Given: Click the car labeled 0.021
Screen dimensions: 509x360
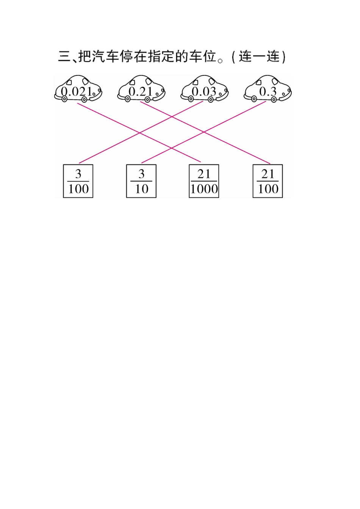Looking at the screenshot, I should (x=78, y=89).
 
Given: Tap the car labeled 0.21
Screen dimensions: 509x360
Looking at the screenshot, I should (x=141, y=89).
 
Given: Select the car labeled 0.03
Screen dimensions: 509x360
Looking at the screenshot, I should (x=204, y=89).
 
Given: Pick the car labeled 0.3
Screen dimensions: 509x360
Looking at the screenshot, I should (x=268, y=89).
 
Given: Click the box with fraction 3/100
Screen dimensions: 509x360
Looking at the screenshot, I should (x=78, y=181).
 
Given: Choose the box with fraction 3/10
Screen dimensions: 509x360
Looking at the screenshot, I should (x=141, y=181).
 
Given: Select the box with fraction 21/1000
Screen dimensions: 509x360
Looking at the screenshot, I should (x=204, y=181).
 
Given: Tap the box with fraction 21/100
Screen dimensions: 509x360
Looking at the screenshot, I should (x=268, y=181).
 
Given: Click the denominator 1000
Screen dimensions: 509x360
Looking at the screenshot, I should (x=204, y=189).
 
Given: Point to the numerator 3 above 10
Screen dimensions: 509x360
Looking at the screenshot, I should (x=141, y=174).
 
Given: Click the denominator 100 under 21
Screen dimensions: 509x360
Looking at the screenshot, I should (x=268, y=189).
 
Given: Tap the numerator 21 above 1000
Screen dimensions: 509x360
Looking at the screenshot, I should (x=204, y=174).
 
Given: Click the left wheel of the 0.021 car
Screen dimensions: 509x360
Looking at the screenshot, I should (x=64, y=99).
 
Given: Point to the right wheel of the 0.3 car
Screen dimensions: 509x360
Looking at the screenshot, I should (x=274, y=99).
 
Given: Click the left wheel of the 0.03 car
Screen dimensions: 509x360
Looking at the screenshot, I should (x=191, y=99).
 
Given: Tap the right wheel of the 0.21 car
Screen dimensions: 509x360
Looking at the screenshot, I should (x=147, y=99).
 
